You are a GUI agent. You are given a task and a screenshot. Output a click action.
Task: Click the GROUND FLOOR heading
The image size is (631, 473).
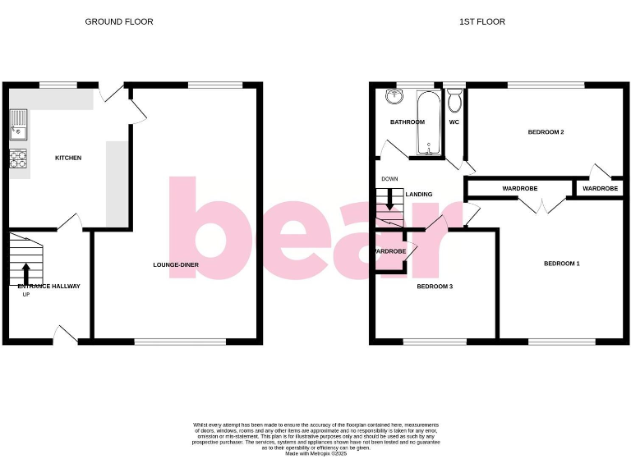click(x=119, y=21)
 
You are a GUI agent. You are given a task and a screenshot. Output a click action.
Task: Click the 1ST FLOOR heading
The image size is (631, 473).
click(x=482, y=21)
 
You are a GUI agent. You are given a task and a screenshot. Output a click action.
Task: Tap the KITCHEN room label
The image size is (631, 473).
click(x=68, y=158)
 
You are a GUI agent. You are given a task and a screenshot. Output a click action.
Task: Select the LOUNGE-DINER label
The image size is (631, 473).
click(x=175, y=265)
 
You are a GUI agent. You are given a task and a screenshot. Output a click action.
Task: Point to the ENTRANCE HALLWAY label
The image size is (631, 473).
click(x=49, y=286)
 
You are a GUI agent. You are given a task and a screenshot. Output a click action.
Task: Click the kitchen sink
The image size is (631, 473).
click(x=18, y=126)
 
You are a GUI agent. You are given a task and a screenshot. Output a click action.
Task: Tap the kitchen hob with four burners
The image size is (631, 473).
click(x=18, y=158)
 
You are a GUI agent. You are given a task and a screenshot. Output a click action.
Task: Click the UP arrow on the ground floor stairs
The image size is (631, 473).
click(x=25, y=271)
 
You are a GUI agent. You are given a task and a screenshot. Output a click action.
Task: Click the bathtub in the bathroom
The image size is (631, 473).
click(x=427, y=123)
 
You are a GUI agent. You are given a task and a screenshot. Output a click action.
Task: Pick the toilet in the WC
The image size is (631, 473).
click(x=454, y=101)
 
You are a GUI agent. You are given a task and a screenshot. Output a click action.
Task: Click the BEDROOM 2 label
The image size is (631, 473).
click(x=546, y=132)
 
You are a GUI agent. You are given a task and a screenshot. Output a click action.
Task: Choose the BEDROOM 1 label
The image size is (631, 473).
click(x=562, y=264)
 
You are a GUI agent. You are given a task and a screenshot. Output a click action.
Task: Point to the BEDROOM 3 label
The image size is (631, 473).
click(x=435, y=287)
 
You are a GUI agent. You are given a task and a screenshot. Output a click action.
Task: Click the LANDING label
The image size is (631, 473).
click(x=419, y=195)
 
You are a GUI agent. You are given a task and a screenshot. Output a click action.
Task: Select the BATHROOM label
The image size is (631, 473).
click(x=408, y=122)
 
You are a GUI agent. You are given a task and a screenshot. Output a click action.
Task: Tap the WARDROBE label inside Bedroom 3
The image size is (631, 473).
click(x=390, y=251)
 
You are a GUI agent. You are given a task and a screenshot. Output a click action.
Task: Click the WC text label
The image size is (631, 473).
click(x=454, y=122)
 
